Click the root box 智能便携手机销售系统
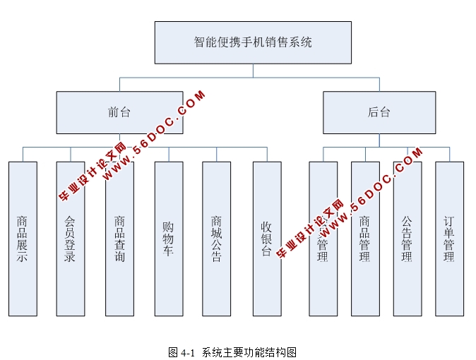(x=253, y=42)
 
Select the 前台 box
(x=119, y=112)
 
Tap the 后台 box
(x=379, y=112)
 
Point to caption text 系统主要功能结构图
(x=249, y=352)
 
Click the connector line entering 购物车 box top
(x=168, y=154)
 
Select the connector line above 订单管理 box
(x=449, y=154)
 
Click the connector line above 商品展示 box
(x=23, y=154)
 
